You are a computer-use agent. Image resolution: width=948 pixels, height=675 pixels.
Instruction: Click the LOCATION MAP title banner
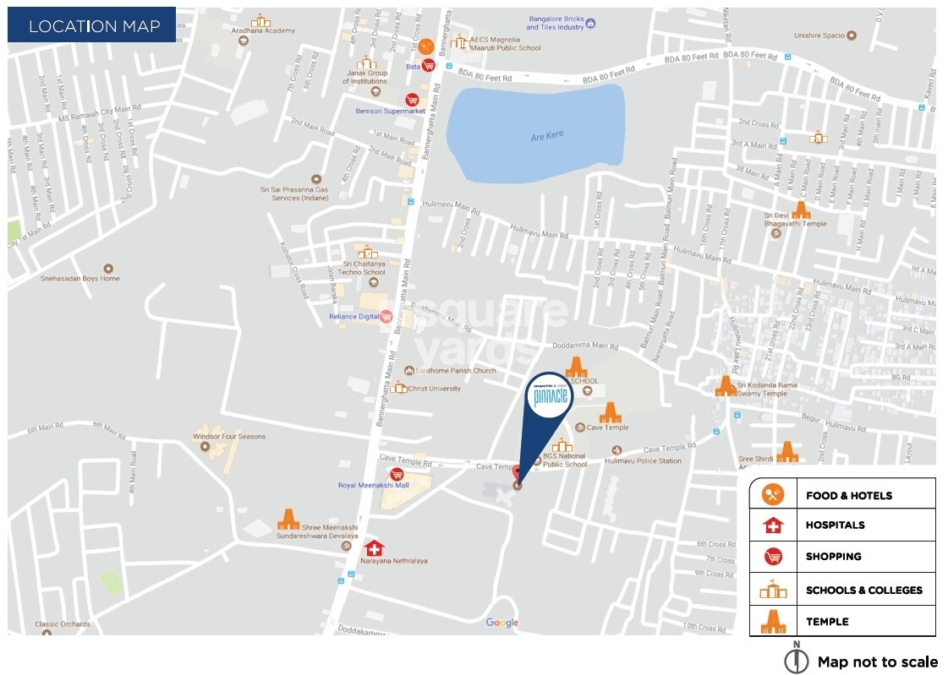click(x=92, y=25)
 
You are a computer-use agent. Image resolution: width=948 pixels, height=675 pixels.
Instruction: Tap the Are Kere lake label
click(x=546, y=135)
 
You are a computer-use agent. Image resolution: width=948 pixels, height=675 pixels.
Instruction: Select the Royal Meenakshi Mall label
click(x=373, y=486)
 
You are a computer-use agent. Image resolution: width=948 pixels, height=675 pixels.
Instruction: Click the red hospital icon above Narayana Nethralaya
click(x=374, y=547)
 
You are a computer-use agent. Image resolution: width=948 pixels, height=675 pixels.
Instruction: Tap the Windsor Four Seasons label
click(x=229, y=437)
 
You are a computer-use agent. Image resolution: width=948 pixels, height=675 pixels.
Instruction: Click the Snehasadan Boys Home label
click(x=80, y=278)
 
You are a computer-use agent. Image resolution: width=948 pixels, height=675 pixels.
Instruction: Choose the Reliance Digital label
click(x=354, y=317)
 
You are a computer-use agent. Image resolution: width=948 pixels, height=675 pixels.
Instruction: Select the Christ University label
click(x=435, y=389)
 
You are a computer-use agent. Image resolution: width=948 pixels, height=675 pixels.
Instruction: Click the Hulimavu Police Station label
click(x=644, y=461)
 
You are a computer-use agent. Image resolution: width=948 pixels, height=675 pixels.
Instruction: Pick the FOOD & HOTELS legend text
click(x=848, y=495)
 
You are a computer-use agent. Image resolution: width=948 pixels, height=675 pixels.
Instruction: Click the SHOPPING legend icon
click(x=773, y=557)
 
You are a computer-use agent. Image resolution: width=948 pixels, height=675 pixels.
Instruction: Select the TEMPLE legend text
click(x=827, y=622)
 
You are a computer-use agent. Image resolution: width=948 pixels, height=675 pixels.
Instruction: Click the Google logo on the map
click(x=501, y=623)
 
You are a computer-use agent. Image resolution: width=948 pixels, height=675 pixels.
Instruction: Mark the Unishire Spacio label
click(x=819, y=35)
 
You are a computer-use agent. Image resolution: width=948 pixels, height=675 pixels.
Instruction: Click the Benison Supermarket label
click(x=390, y=111)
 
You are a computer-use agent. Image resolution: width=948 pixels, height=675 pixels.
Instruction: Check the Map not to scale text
click(x=877, y=662)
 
